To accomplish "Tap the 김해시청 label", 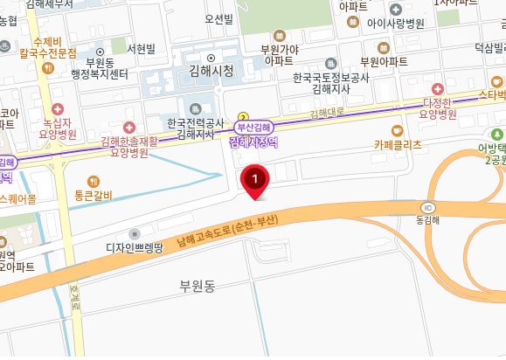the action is [211, 72].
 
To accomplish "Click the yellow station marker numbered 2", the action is [244, 115].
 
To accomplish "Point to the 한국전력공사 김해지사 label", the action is [196, 128].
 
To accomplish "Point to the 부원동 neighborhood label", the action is [197, 285].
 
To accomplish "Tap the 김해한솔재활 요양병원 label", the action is [130, 146].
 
